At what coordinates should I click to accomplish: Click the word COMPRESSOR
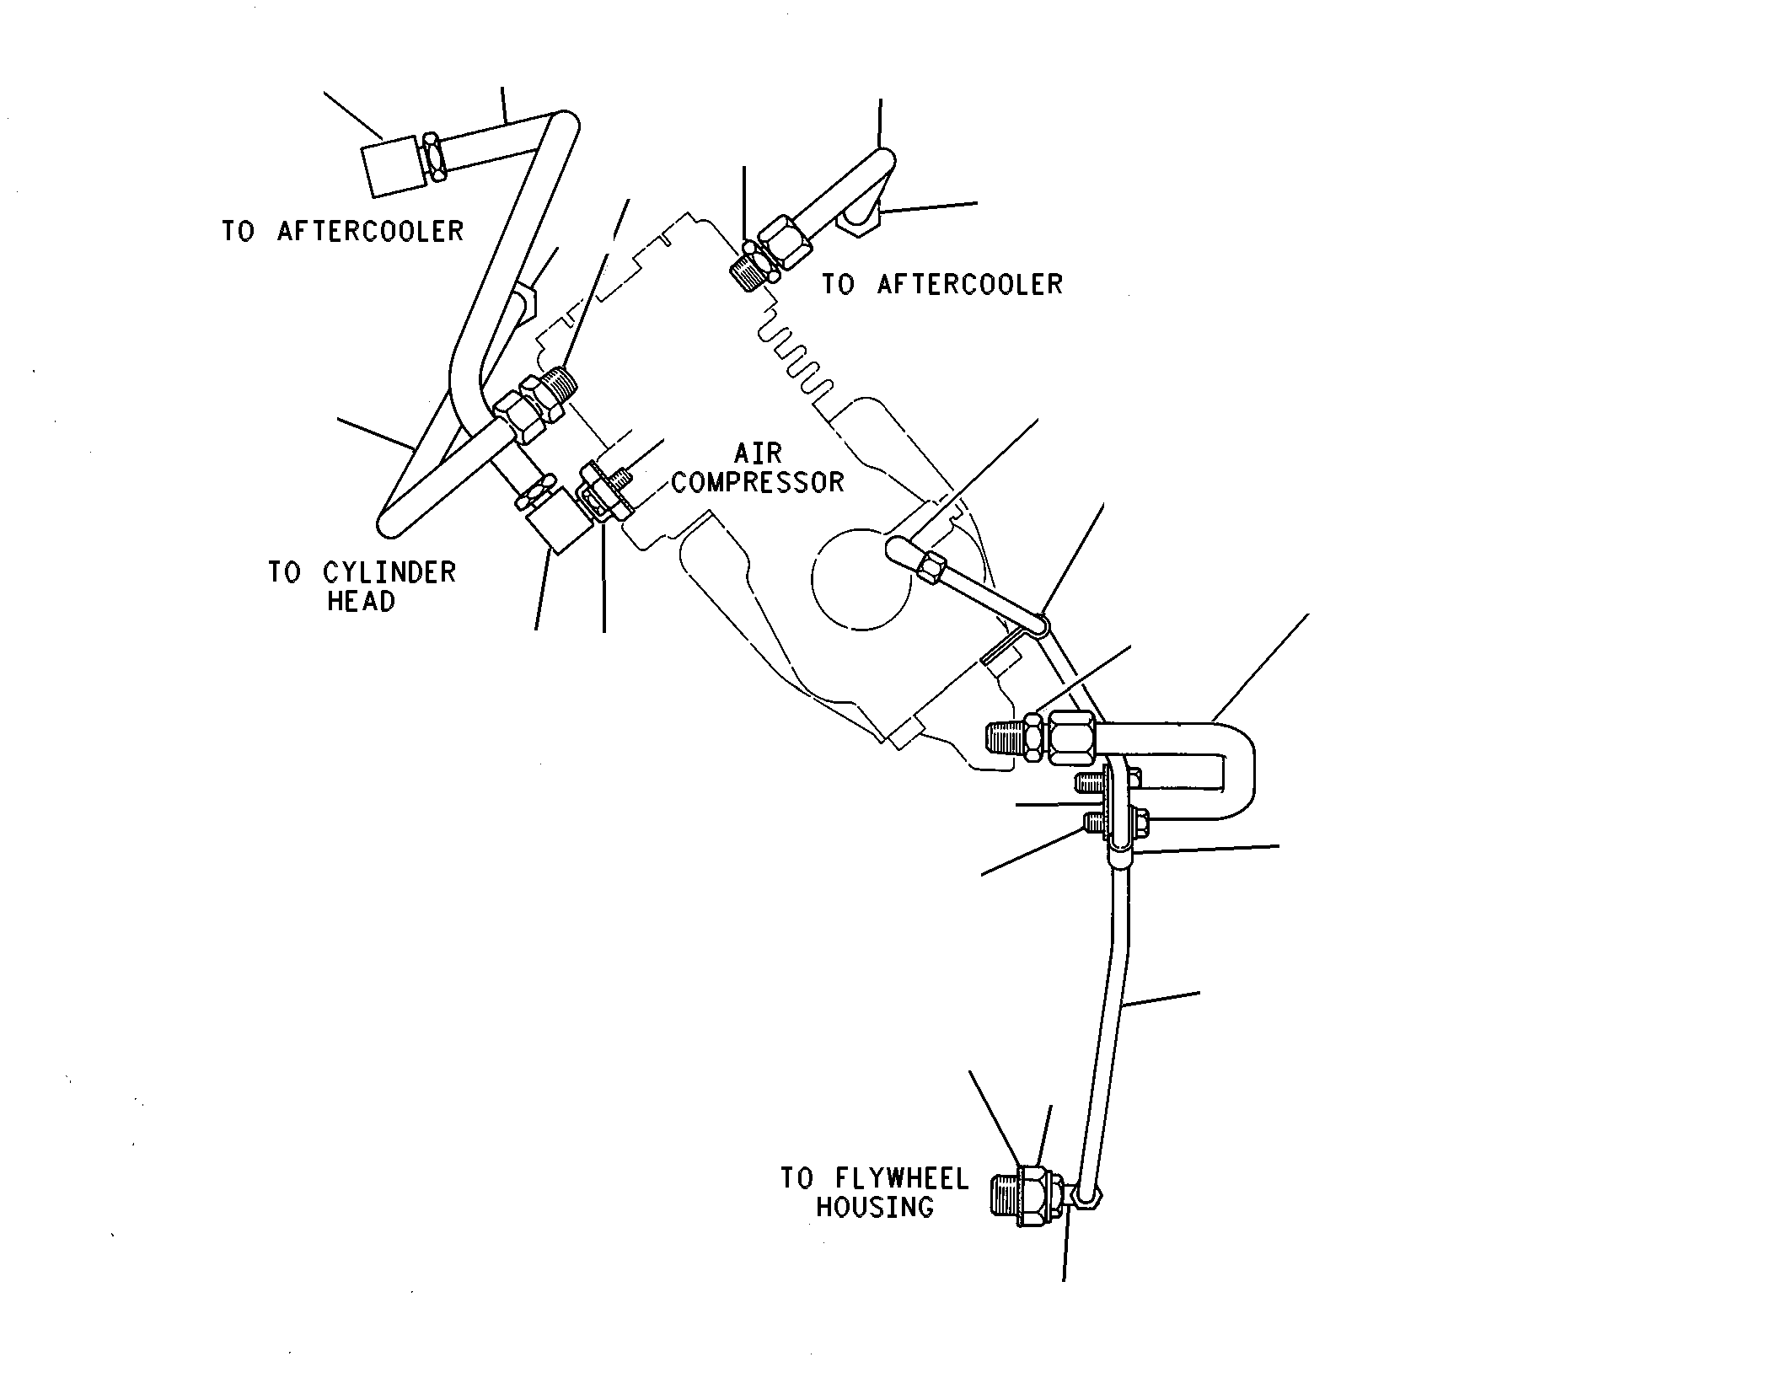point(757,483)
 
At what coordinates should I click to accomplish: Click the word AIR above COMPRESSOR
point(759,453)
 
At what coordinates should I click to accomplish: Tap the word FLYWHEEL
point(902,1178)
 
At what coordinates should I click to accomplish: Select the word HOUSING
point(875,1207)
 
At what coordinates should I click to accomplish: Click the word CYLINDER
point(389,573)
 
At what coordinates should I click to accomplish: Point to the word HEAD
point(361,602)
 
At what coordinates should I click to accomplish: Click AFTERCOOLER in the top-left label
point(370,231)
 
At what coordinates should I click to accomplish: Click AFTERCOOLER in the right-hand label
point(970,285)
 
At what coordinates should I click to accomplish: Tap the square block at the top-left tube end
point(393,166)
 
